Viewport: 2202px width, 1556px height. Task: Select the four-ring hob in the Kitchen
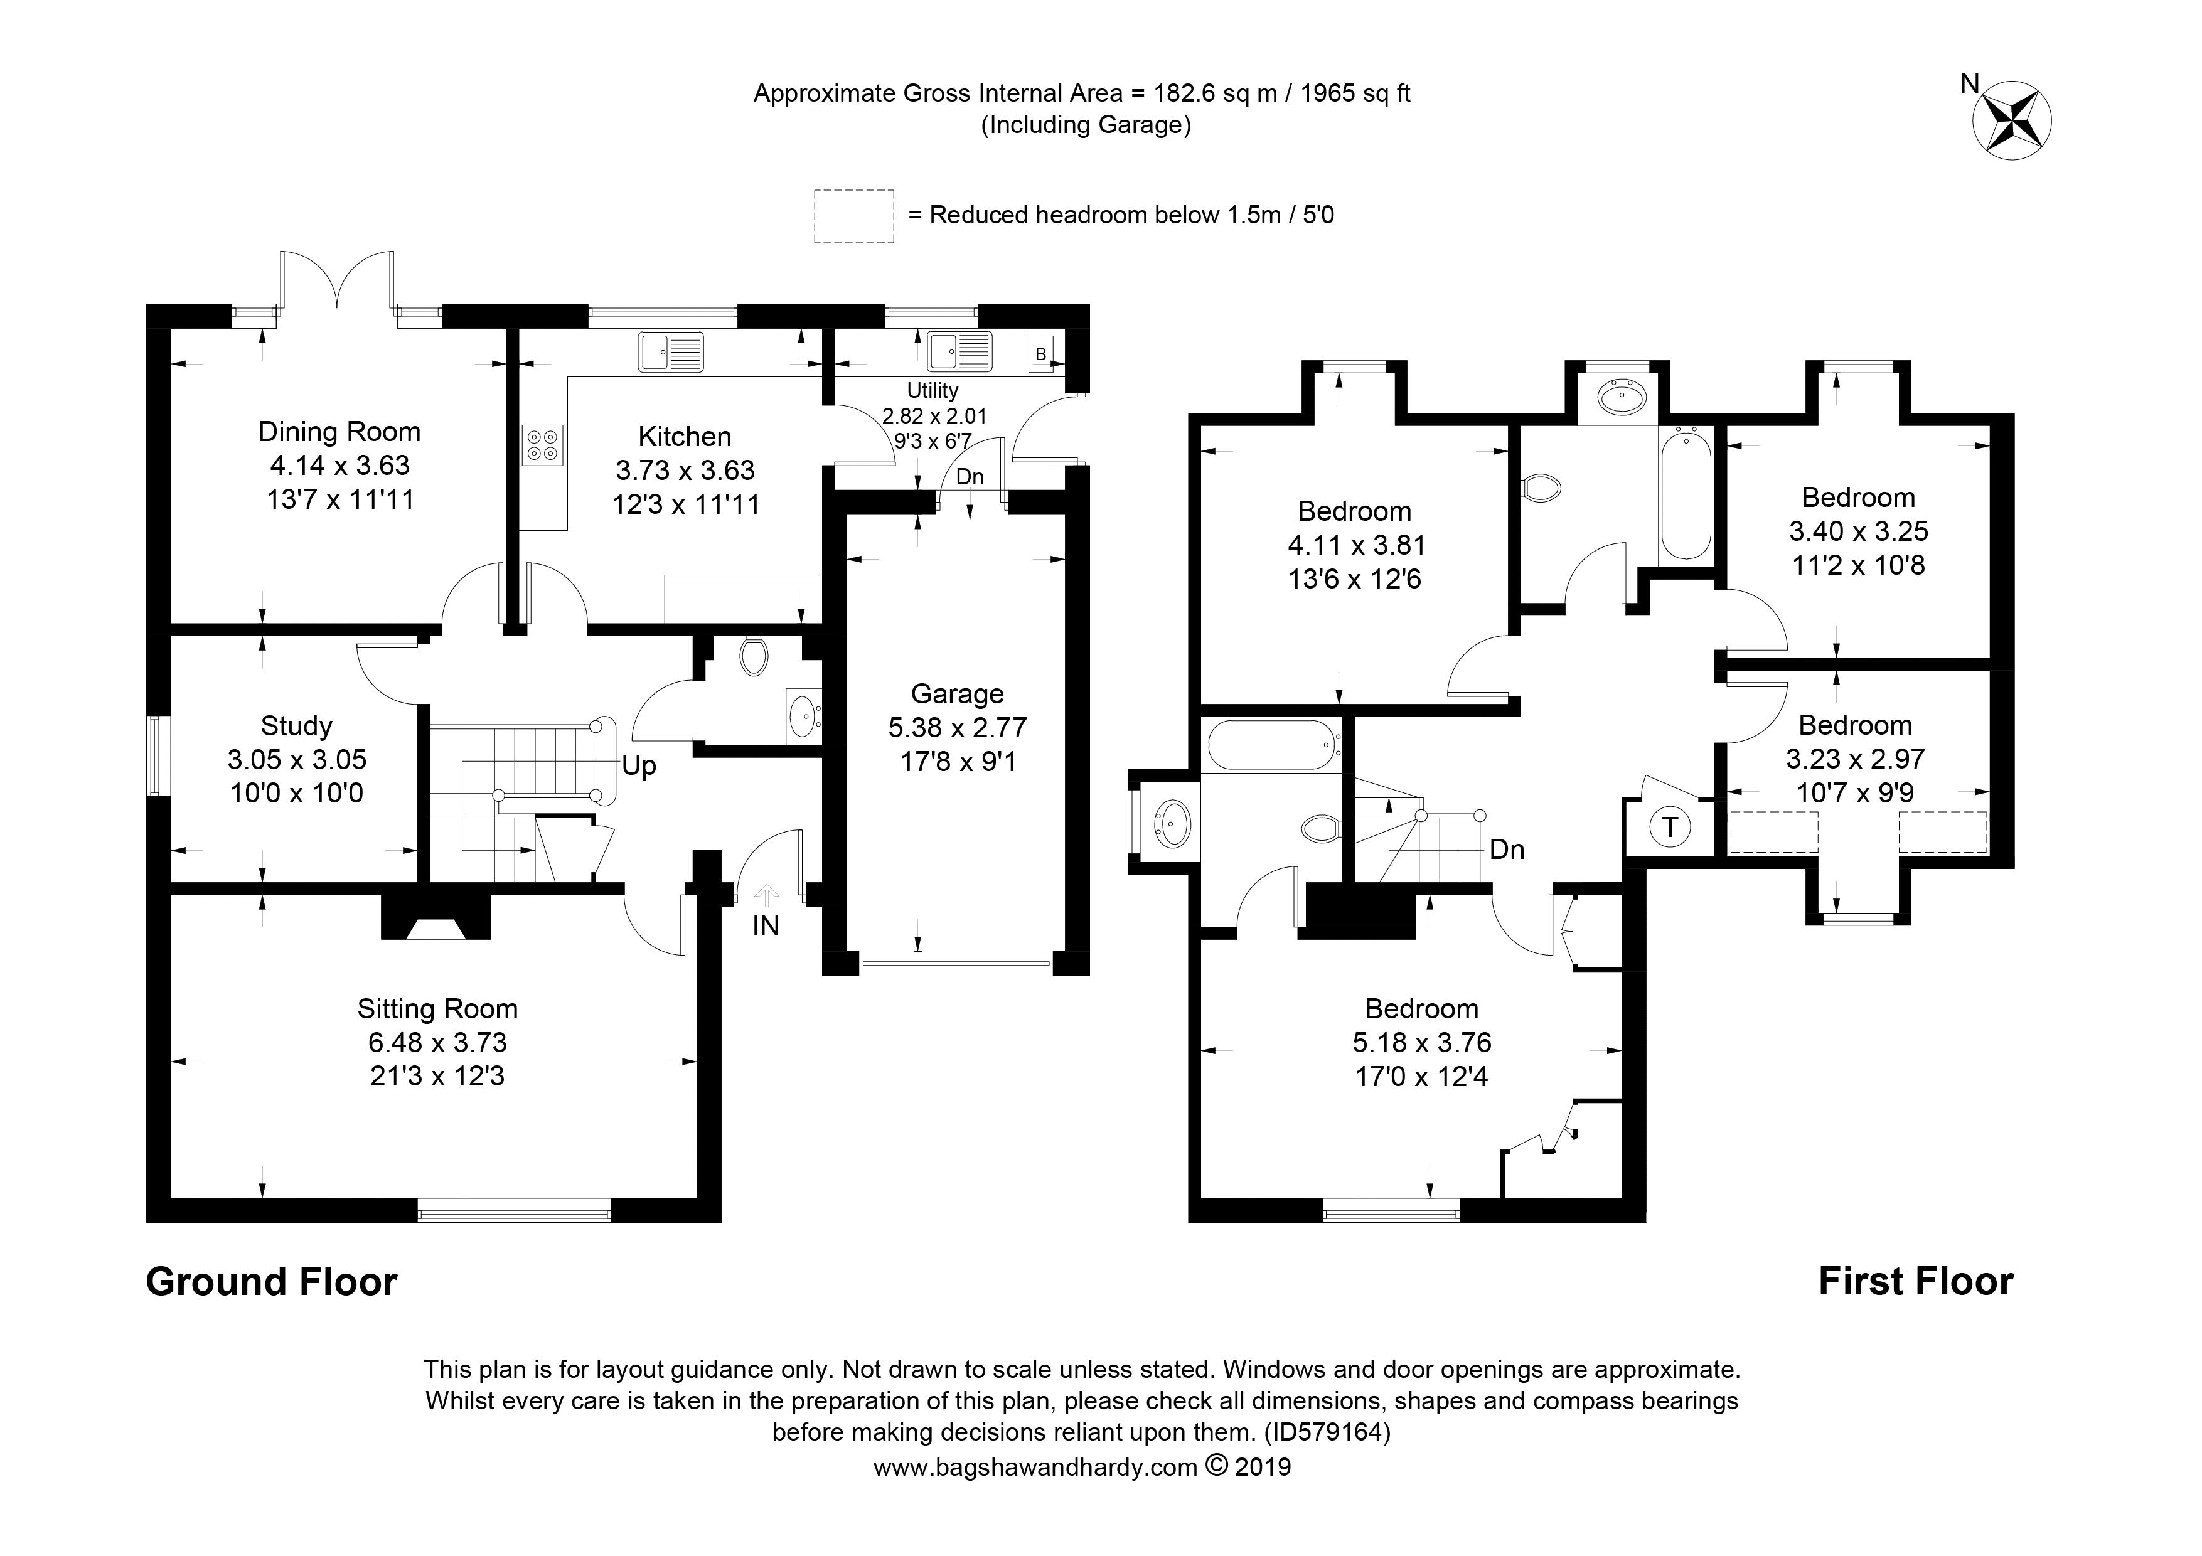(x=542, y=445)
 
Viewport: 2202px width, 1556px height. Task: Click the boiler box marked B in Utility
(x=1040, y=354)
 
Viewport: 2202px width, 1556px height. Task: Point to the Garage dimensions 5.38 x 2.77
(x=956, y=728)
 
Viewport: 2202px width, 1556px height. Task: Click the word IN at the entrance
(x=766, y=926)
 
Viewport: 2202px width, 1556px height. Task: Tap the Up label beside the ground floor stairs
(x=639, y=766)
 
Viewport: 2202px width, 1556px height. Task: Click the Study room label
(x=296, y=726)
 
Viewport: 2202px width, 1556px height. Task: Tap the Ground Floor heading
(x=272, y=1282)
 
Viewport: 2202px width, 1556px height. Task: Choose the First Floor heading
(x=1915, y=1282)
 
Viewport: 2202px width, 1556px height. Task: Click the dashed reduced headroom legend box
(x=853, y=216)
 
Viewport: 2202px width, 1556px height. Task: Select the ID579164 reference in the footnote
(x=1327, y=1432)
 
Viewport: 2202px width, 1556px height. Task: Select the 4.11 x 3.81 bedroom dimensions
(x=1355, y=545)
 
